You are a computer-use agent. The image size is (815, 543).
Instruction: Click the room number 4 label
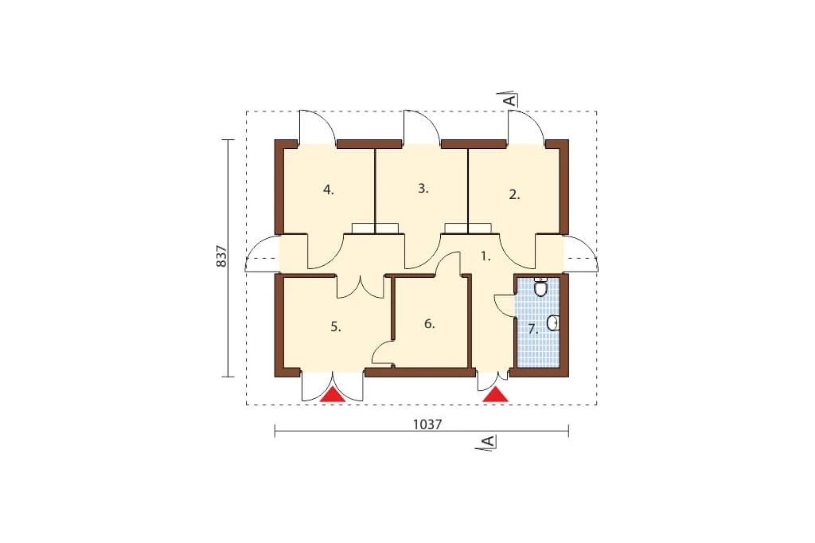[328, 189]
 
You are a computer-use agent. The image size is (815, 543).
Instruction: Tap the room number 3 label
[423, 188]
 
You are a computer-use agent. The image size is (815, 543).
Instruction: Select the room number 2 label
[514, 195]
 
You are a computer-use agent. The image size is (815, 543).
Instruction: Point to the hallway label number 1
[485, 256]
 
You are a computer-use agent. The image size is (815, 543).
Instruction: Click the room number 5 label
[335, 327]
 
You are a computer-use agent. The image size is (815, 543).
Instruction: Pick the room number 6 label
[429, 324]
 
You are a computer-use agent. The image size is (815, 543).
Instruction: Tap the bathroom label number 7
[532, 330]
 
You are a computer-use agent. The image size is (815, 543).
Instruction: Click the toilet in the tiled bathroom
[541, 287]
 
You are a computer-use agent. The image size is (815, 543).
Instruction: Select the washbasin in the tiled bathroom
[553, 323]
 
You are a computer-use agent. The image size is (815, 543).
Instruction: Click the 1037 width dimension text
[427, 425]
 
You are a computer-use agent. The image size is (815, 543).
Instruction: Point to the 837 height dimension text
[222, 256]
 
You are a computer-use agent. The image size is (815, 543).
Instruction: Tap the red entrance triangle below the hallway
[495, 394]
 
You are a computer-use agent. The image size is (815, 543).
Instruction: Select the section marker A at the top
[512, 100]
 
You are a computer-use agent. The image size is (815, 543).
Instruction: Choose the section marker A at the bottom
[488, 442]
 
